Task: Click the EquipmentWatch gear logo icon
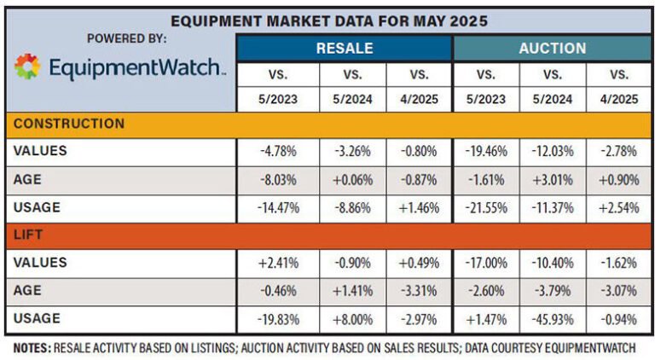click(x=28, y=67)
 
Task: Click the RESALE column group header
click(x=344, y=48)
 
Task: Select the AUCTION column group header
click(x=553, y=48)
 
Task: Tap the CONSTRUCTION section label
click(x=69, y=124)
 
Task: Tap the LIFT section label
click(x=28, y=235)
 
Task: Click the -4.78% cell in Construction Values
click(x=278, y=152)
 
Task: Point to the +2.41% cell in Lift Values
click(x=278, y=263)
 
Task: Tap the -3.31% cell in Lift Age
click(x=418, y=290)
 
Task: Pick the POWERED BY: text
click(x=126, y=38)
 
